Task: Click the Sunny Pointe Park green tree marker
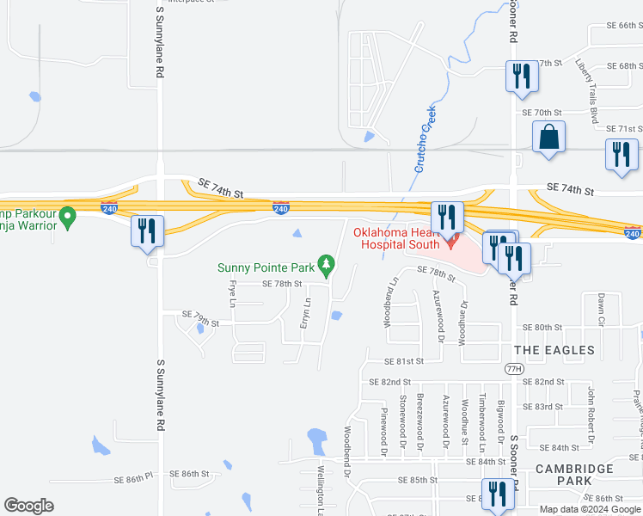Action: coord(326,264)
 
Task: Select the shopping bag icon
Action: coord(548,137)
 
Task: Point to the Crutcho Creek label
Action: coord(423,142)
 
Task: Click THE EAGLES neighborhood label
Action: coord(554,350)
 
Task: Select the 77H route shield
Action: coord(513,368)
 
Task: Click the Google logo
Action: coord(28,506)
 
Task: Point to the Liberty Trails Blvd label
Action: coord(591,92)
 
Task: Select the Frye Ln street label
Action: coord(231,294)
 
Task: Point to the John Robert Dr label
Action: coord(591,407)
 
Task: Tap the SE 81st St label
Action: coord(397,361)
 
